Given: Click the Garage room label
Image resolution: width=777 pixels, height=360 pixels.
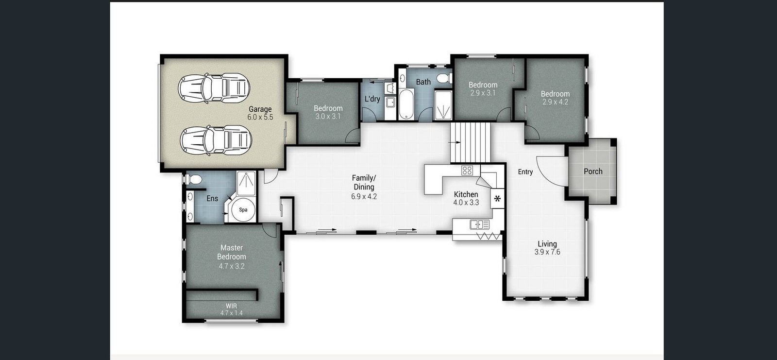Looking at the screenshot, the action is pyautogui.click(x=260, y=109).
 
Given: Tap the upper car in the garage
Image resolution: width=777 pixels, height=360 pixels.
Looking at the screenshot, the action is pyautogui.click(x=214, y=88).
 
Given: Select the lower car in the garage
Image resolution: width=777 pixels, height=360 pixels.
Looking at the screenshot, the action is pyautogui.click(x=216, y=140).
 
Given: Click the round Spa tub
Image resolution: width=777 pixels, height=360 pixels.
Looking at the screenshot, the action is pyautogui.click(x=243, y=210).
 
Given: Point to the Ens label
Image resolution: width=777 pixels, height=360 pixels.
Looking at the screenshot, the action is pyautogui.click(x=212, y=198).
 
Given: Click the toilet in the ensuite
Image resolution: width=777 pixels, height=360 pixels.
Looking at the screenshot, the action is pyautogui.click(x=194, y=179).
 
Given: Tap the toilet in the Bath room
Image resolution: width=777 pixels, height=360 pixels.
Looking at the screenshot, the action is pyautogui.click(x=444, y=78).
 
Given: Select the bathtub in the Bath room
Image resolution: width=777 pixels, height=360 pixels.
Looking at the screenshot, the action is pyautogui.click(x=406, y=104).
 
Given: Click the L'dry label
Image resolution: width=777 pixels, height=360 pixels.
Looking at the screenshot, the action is pyautogui.click(x=372, y=99).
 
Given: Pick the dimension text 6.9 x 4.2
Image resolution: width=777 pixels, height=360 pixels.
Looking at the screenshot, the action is pyautogui.click(x=364, y=196).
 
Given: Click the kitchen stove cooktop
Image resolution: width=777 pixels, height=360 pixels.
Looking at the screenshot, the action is pyautogui.click(x=467, y=170).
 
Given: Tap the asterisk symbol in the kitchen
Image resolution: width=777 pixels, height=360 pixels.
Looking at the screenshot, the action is pyautogui.click(x=497, y=199).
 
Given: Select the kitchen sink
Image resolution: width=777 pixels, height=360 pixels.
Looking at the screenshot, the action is pyautogui.click(x=480, y=224).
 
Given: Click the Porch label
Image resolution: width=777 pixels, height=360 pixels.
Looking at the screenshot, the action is pyautogui.click(x=593, y=171).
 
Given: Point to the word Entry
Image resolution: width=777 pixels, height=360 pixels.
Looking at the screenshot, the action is pyautogui.click(x=525, y=172).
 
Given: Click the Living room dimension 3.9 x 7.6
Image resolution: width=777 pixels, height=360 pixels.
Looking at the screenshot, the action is pyautogui.click(x=547, y=252).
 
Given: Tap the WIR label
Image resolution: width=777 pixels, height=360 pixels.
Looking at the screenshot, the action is pyautogui.click(x=231, y=306).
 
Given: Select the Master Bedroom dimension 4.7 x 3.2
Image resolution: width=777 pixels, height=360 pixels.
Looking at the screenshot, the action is pyautogui.click(x=231, y=266).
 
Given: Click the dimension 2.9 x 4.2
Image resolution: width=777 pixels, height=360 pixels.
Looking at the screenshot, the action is pyautogui.click(x=556, y=102).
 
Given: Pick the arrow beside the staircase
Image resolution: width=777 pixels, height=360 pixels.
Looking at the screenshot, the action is pyautogui.click(x=455, y=142).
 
